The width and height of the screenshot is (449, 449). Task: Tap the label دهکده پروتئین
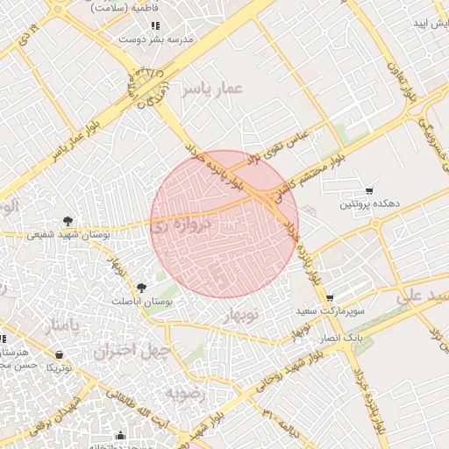[370, 203]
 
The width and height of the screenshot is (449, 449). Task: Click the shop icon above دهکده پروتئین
[370, 190]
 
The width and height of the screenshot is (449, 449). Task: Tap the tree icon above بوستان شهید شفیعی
[68, 221]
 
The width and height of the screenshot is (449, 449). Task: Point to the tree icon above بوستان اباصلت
[141, 287]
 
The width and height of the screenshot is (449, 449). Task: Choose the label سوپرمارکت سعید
[331, 311]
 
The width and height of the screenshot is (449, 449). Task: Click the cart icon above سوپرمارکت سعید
[329, 299]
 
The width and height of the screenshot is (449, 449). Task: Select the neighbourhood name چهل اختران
[125, 352]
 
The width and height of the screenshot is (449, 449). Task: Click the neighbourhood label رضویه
[190, 394]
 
